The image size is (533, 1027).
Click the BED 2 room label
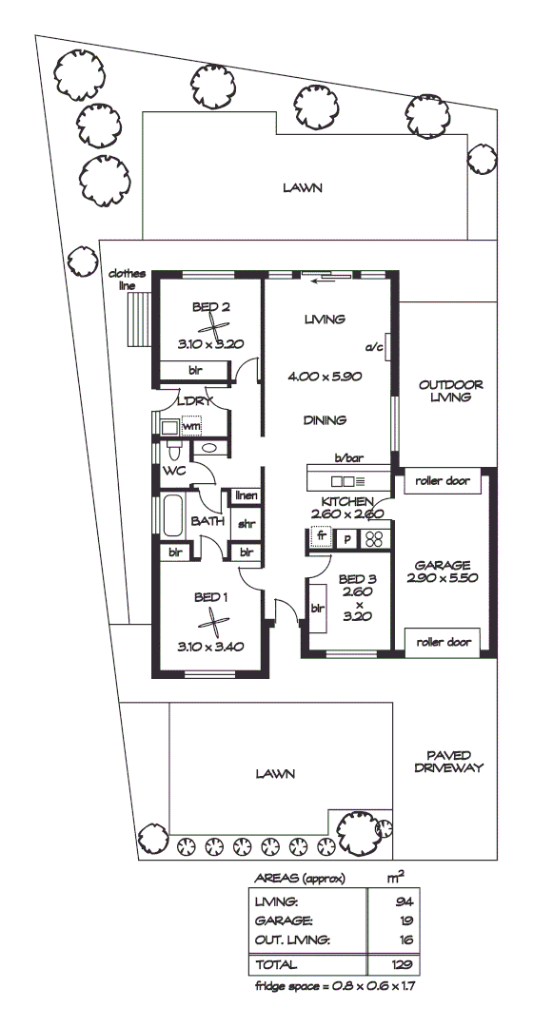pos(211,306)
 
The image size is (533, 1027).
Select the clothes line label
pos(128,279)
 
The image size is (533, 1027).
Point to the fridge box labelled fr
pos(322,537)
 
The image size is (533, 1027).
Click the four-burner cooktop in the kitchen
pos(374,538)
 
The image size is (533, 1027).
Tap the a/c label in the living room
pos(374,348)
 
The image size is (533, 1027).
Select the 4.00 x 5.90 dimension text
pos(324,377)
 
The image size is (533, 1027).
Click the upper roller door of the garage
pos(444,481)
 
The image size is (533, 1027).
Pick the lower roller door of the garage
pos(444,642)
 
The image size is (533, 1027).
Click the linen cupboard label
pos(246,495)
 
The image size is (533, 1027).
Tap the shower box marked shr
pos(246,523)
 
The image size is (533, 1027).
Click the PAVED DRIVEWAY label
pos(450,760)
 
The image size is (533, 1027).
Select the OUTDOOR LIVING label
pos(450,392)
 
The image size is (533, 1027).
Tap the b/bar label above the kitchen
pos(348,457)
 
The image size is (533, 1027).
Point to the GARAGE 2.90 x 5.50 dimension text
pos(443,577)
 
